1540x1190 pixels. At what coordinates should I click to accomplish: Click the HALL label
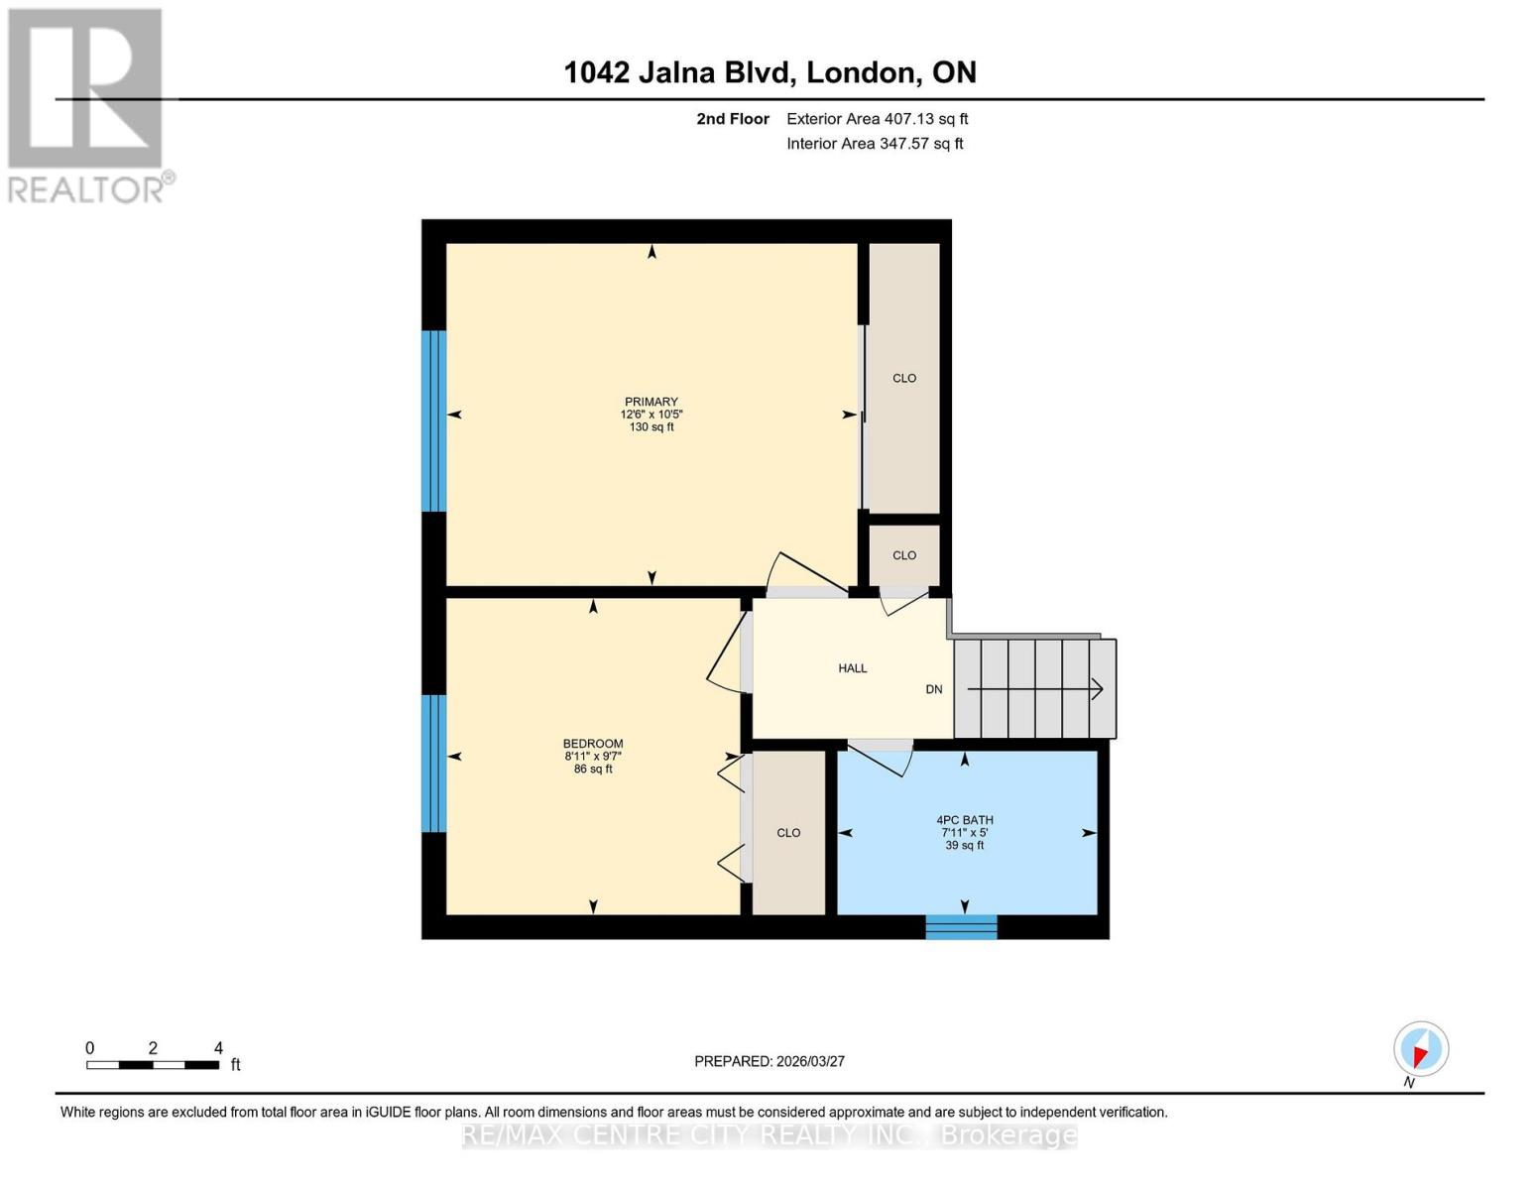click(x=853, y=668)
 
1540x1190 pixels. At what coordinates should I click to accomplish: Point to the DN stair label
click(x=934, y=689)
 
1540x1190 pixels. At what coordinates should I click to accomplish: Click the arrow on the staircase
click(x=1036, y=689)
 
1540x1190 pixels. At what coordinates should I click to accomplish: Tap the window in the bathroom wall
click(x=961, y=927)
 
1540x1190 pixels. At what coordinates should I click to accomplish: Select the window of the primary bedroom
click(x=433, y=420)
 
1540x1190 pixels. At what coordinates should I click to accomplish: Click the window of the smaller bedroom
click(x=433, y=763)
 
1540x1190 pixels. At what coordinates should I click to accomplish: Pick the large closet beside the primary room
click(x=904, y=378)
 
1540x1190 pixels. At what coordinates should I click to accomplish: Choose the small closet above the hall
click(x=904, y=555)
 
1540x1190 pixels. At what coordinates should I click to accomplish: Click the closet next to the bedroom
click(x=788, y=833)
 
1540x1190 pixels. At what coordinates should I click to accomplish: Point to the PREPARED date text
click(x=770, y=1061)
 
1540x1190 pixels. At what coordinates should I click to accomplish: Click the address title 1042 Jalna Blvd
click(x=770, y=72)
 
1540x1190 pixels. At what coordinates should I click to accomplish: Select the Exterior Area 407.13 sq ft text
click(x=877, y=119)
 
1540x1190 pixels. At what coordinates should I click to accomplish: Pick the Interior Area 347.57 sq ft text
click(x=875, y=144)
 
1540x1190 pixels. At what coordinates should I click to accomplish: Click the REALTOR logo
click(x=87, y=105)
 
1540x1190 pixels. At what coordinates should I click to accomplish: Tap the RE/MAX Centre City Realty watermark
click(x=770, y=1135)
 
